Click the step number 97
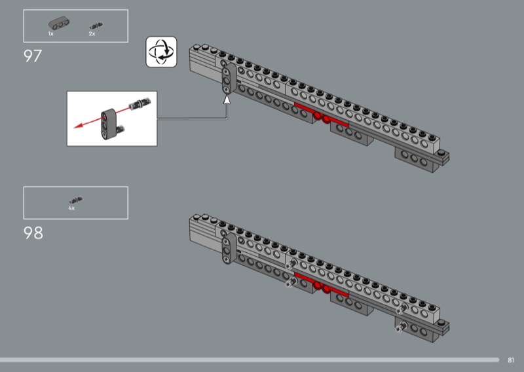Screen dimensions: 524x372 point(33,56)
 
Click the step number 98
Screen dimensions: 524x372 point(33,233)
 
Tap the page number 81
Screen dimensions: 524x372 point(511,360)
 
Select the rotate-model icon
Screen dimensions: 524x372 point(161,52)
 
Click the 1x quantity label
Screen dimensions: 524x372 point(51,34)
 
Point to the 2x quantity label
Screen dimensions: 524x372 point(92,34)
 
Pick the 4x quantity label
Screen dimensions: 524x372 point(71,208)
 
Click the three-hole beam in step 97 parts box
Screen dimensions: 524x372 point(59,24)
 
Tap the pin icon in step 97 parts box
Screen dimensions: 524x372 point(96,26)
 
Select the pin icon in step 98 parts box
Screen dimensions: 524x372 point(76,200)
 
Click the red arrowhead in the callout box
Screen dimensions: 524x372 point(78,126)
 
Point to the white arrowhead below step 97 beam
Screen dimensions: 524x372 point(227,100)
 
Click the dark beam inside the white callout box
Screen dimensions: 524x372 point(109,123)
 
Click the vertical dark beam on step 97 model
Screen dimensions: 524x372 point(229,79)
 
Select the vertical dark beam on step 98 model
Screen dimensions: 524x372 point(229,249)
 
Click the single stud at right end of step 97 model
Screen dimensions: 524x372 point(443,154)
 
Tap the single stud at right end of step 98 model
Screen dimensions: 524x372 point(443,324)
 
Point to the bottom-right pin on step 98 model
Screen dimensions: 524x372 point(400,327)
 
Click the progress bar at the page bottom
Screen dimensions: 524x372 point(250,360)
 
